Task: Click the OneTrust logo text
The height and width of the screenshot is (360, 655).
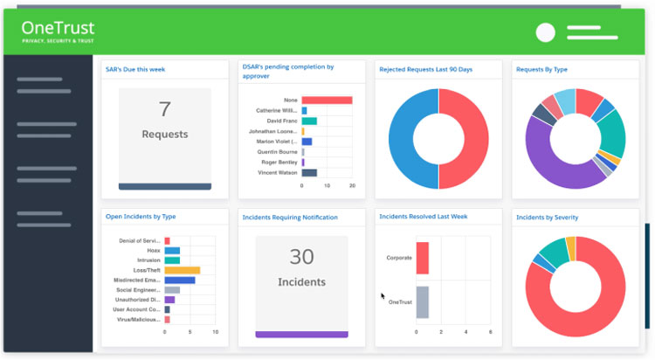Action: tap(59, 29)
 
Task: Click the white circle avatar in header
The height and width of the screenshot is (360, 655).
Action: tap(545, 33)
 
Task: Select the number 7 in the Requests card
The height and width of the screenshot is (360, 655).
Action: tap(164, 109)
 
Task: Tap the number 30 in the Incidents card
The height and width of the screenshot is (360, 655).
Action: tap(301, 257)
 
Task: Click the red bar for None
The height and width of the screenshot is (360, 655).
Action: tap(327, 100)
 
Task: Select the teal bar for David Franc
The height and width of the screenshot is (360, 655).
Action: tap(309, 121)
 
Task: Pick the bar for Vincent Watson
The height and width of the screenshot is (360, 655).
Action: tap(309, 172)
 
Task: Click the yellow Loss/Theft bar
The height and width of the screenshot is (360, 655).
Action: tap(183, 270)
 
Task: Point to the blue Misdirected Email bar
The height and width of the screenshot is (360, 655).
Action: tap(180, 280)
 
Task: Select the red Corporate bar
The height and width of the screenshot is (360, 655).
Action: tap(423, 258)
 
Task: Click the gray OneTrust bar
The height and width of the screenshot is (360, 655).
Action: tap(423, 301)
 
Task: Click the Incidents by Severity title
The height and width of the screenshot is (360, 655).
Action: tap(547, 217)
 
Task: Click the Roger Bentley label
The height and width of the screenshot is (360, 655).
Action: tap(279, 162)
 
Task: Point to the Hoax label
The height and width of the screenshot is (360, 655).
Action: tap(152, 250)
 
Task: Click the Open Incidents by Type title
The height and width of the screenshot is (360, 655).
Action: tap(141, 217)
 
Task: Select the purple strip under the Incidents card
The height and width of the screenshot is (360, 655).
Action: tap(301, 334)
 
